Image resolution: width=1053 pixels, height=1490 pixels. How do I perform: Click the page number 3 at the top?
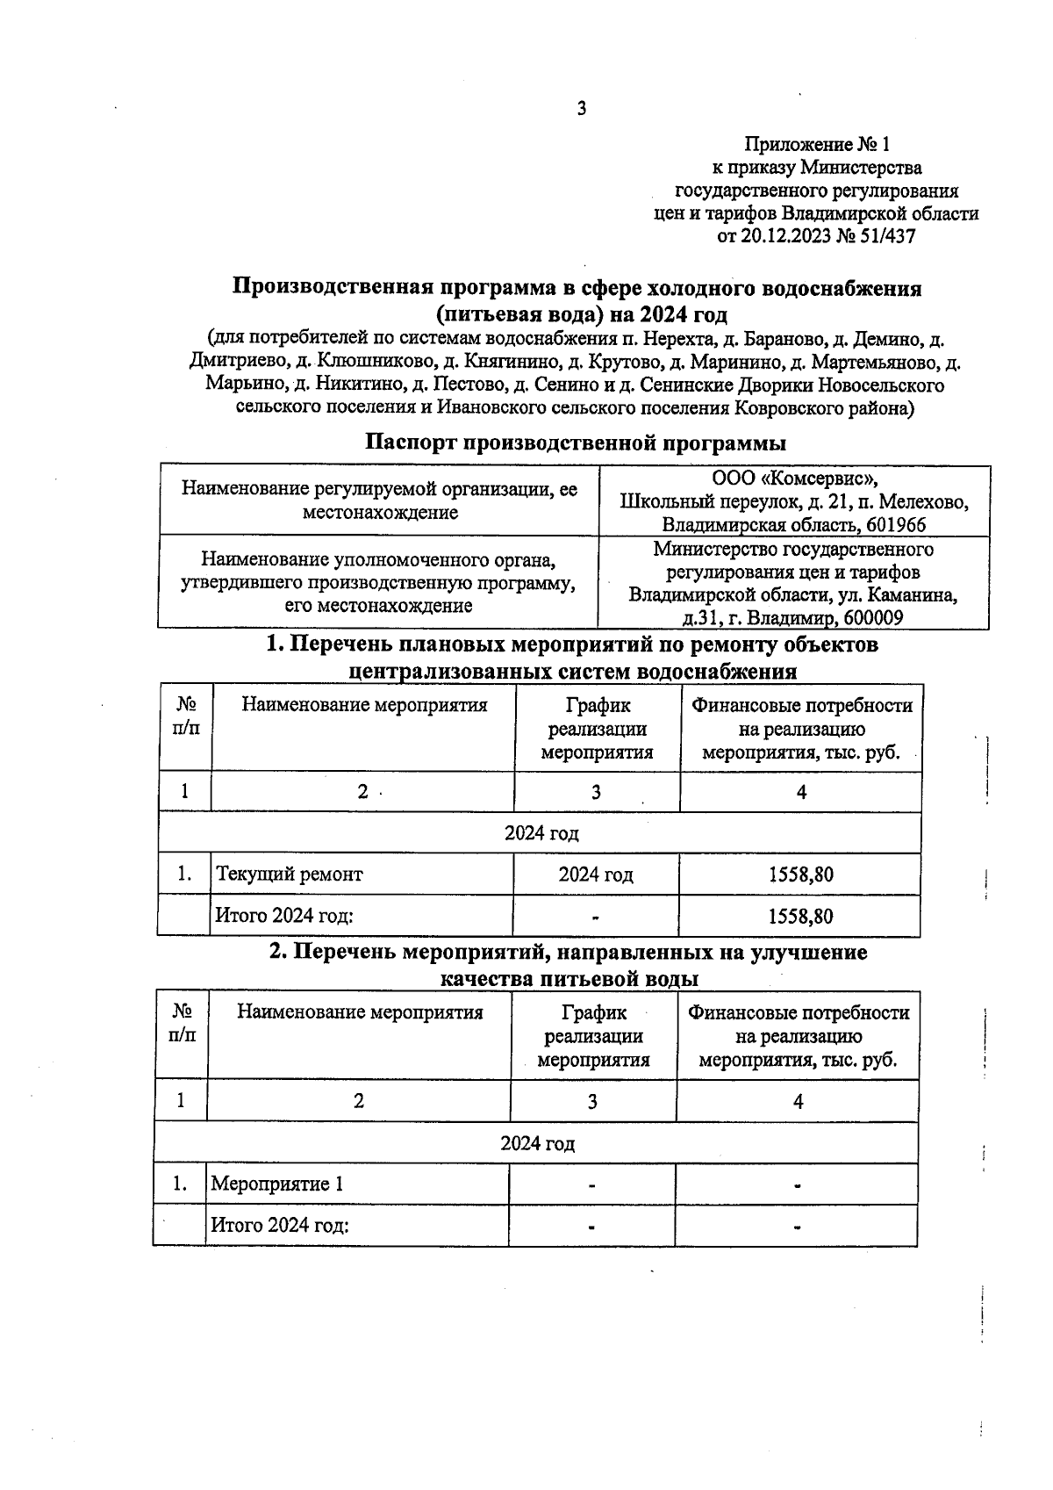pyautogui.click(x=581, y=109)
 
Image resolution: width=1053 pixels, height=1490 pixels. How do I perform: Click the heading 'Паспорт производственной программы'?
pyautogui.click(x=575, y=443)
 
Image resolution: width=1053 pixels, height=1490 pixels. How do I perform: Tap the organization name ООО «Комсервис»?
pyautogui.click(x=794, y=479)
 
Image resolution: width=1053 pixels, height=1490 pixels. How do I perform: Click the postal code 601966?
pyautogui.click(x=896, y=525)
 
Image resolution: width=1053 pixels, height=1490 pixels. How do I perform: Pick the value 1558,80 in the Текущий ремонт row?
pyautogui.click(x=800, y=875)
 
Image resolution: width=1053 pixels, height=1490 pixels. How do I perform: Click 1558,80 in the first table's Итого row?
pyautogui.click(x=800, y=917)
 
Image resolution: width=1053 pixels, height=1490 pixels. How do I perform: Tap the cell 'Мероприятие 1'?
pyautogui.click(x=277, y=1184)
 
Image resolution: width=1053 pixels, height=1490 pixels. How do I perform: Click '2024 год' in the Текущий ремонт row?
pyautogui.click(x=596, y=875)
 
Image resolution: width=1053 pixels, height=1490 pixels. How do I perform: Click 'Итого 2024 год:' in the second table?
pyautogui.click(x=280, y=1225)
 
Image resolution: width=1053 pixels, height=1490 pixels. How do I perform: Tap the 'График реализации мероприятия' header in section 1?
pyautogui.click(x=597, y=729)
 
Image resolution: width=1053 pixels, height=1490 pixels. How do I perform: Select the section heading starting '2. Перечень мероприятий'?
pyautogui.click(x=568, y=965)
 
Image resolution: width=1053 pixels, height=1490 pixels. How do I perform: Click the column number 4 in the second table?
pyautogui.click(x=798, y=1101)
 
